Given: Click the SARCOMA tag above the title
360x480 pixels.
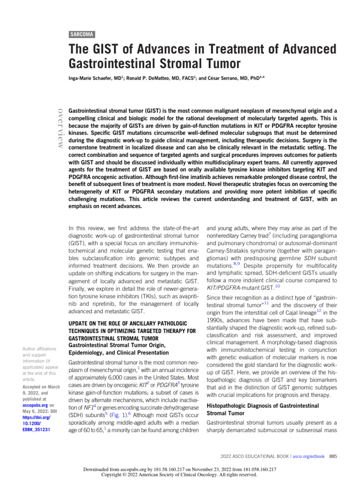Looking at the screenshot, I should pos(82,34).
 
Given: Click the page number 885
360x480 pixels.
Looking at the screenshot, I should pos(333,456).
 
